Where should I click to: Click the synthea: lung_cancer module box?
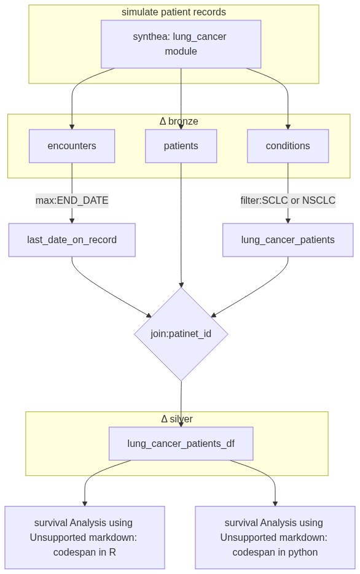[181, 44]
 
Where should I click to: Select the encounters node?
[72, 145]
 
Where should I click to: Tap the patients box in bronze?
[181, 145]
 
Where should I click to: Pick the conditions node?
[288, 145]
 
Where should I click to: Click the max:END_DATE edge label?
[72, 201]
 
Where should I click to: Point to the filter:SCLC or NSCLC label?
[288, 201]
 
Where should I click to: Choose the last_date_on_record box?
[72, 240]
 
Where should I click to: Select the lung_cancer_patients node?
[288, 240]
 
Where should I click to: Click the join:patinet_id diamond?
[181, 334]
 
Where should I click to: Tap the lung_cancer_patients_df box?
[181, 443]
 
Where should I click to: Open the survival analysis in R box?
[85, 537]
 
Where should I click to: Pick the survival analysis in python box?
[275, 537]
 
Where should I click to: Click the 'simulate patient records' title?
[174, 12]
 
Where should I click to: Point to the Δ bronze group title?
[179, 121]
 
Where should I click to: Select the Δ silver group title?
[177, 419]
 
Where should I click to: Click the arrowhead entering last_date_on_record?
[72, 221]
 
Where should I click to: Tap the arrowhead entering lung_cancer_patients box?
[288, 221]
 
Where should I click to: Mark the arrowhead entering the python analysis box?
[275, 504]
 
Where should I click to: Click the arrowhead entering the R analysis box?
[85, 504]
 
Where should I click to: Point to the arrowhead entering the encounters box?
[72, 126]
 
